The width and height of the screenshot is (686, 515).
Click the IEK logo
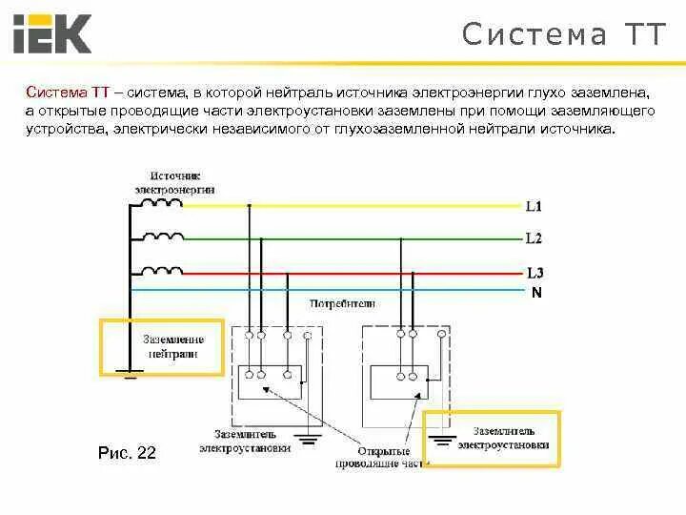[52, 34]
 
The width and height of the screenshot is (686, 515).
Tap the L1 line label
[534, 206]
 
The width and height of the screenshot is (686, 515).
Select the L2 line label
[534, 237]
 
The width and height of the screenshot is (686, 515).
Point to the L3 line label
[534, 273]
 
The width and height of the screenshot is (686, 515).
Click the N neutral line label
[536, 293]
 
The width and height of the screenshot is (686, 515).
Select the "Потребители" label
[343, 303]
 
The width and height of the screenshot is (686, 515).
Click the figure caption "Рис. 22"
[127, 452]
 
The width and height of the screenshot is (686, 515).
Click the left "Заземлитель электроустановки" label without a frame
[245, 441]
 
